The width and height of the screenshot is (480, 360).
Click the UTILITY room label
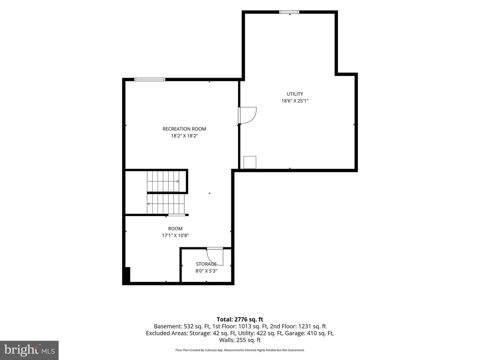295,94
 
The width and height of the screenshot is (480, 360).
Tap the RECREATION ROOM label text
184,129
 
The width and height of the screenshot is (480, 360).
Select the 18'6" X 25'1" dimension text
295,101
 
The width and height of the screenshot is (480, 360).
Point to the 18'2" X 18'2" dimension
184,136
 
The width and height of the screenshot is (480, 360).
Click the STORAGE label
206,264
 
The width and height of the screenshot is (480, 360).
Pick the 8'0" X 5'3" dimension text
206,271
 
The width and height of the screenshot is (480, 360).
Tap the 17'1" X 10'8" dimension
175,235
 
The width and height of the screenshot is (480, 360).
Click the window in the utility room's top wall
289,12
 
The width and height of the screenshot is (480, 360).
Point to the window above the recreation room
150,80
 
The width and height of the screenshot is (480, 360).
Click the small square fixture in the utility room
250,162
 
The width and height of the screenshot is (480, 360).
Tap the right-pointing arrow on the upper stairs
178,181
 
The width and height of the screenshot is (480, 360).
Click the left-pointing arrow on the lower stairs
148,204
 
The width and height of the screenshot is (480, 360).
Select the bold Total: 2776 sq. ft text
240,319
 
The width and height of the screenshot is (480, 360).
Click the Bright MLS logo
29,350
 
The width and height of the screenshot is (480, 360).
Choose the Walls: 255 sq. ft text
240,340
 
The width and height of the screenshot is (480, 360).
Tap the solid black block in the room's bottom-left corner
127,275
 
